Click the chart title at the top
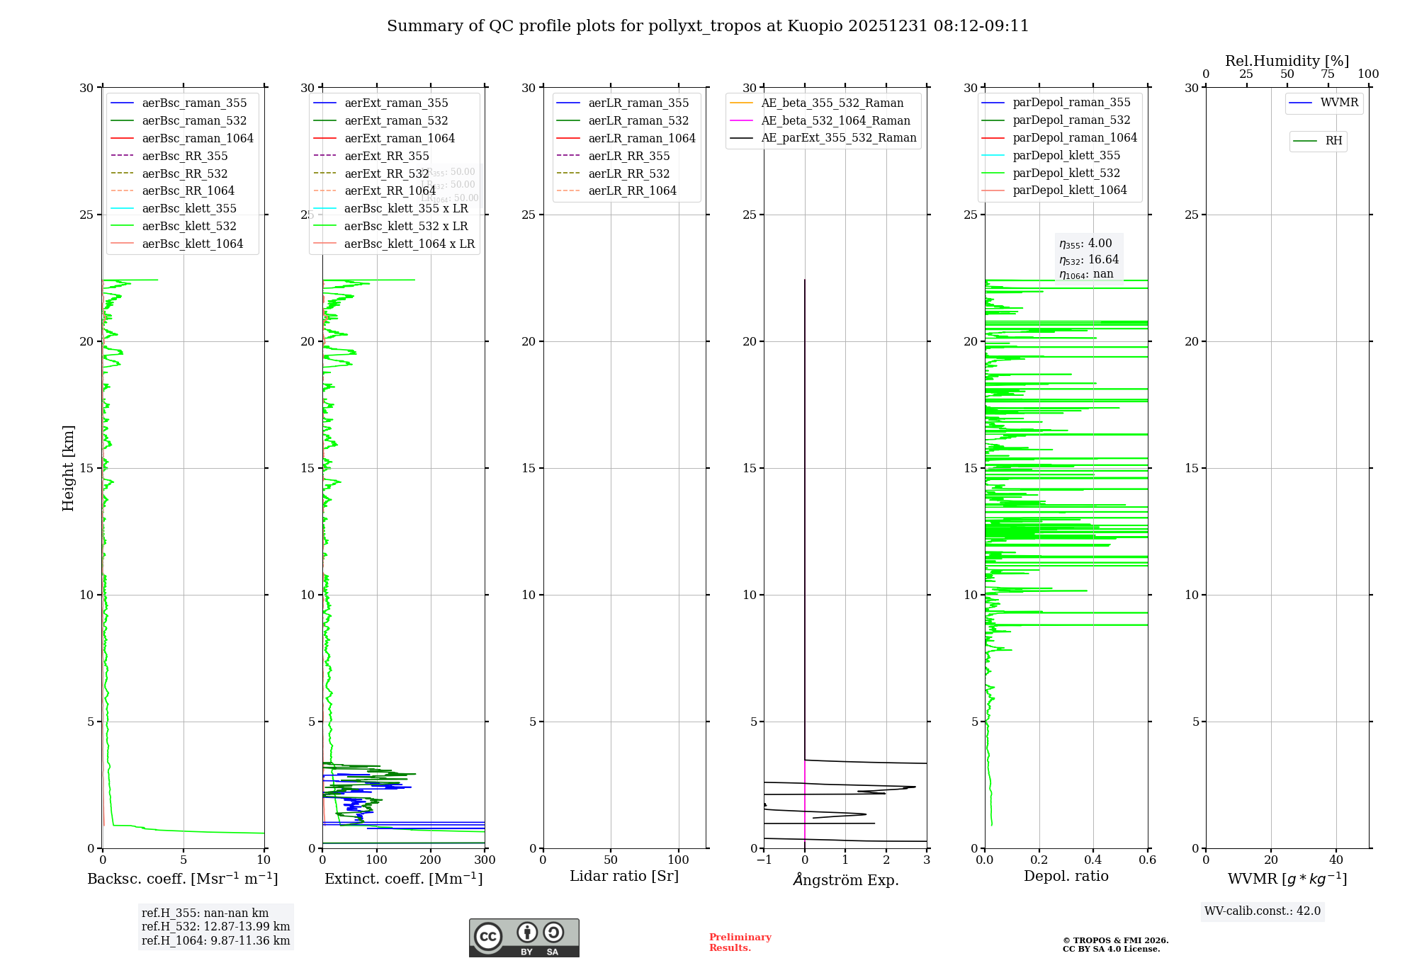point(707,26)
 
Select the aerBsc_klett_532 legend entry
point(189,226)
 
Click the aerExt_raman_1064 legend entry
point(400,138)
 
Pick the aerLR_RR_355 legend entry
point(628,156)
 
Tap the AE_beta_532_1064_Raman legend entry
point(835,120)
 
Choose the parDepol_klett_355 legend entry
point(1066,155)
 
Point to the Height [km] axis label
point(68,468)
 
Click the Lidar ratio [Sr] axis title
point(624,876)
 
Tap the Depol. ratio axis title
point(1066,876)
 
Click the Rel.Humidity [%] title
point(1287,61)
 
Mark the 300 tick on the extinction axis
point(485,860)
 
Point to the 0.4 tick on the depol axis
point(1093,860)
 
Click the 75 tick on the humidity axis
point(1328,74)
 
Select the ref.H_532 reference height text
point(215,927)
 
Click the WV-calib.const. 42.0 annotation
point(1263,911)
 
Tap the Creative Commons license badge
point(524,938)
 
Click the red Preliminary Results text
point(740,942)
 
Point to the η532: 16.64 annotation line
point(1089,260)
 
